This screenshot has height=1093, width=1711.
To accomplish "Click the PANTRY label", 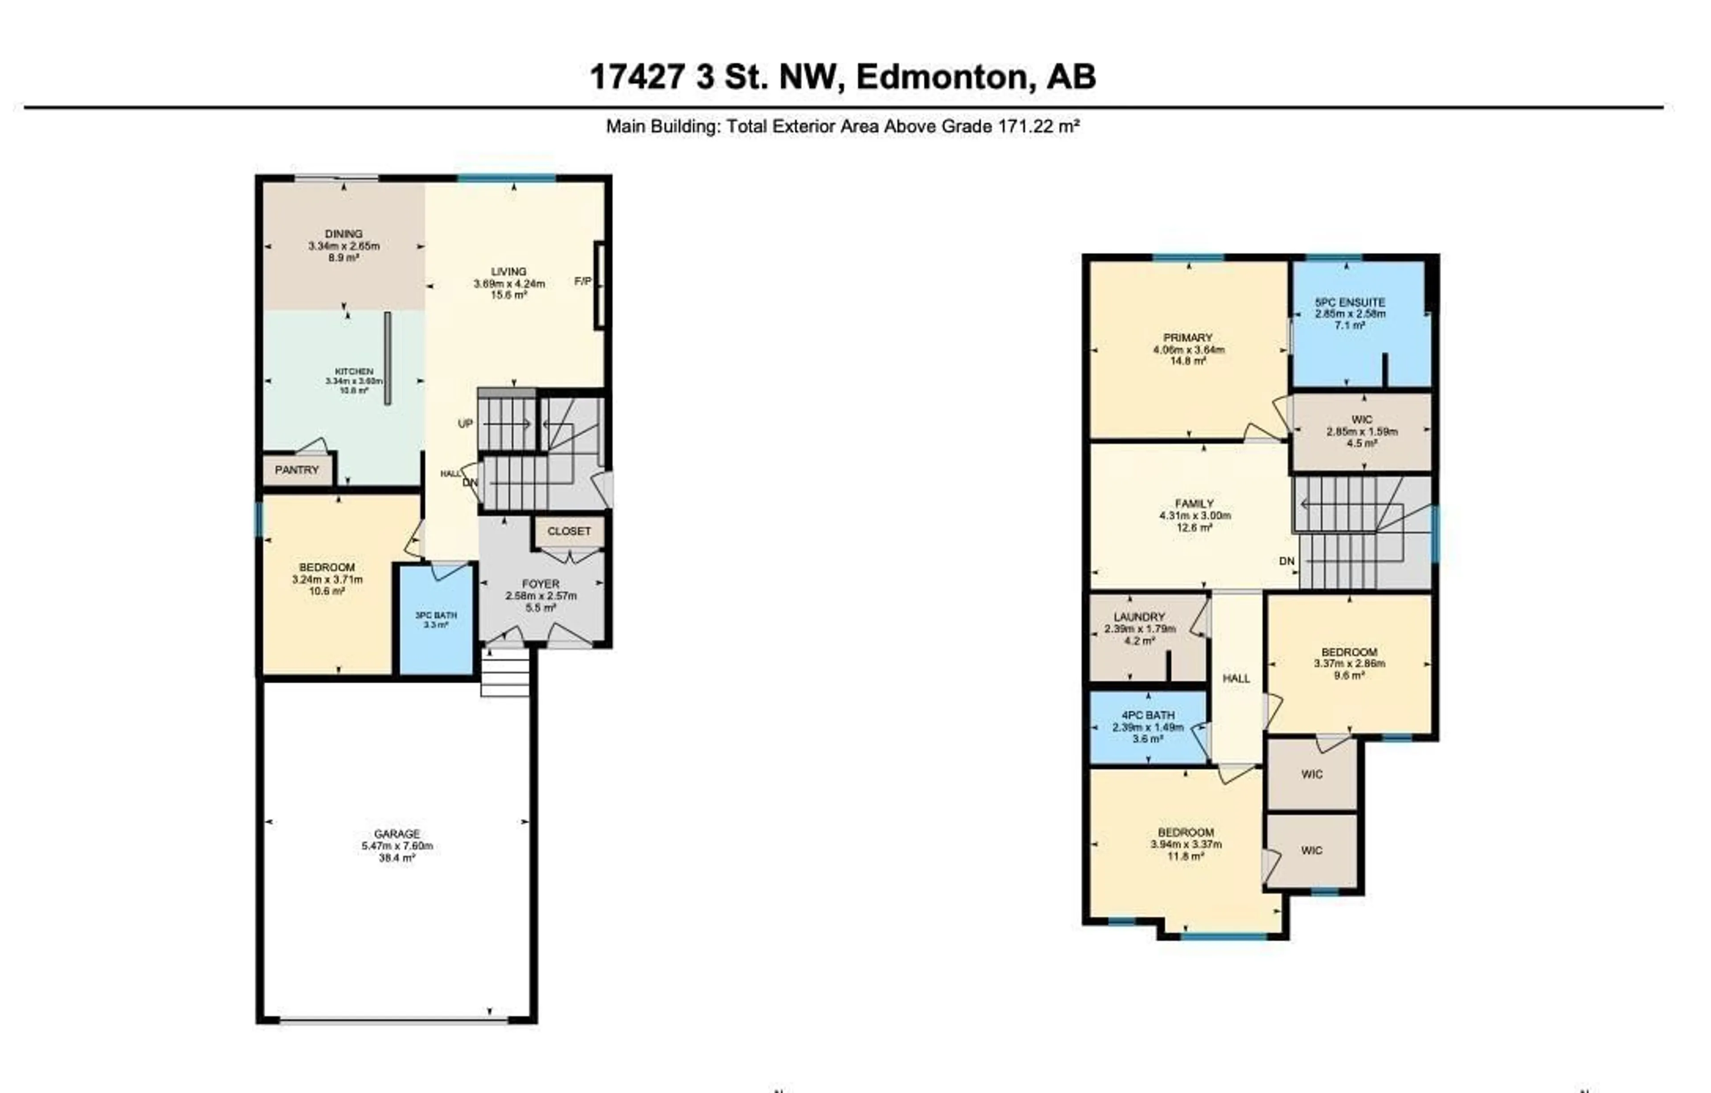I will [x=297, y=470].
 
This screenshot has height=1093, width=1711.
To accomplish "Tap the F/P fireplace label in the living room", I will [x=583, y=281].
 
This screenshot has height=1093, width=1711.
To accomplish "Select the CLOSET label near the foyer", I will [x=569, y=531].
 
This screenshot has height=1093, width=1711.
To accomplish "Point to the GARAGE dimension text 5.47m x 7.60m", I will [x=397, y=846].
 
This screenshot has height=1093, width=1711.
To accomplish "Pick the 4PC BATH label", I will [x=1148, y=715].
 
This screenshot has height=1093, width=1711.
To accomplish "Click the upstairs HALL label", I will [x=1236, y=678].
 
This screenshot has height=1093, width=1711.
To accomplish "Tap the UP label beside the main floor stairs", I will [x=466, y=424].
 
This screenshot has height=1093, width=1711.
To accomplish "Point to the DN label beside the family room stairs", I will [x=1287, y=561].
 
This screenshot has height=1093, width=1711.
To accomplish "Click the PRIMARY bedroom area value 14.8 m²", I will [x=1188, y=361].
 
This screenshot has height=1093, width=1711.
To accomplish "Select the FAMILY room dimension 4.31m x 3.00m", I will [x=1195, y=516].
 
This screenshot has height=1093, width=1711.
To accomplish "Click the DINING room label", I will [x=344, y=234].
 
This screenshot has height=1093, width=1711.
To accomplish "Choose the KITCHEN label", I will [x=354, y=371].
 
